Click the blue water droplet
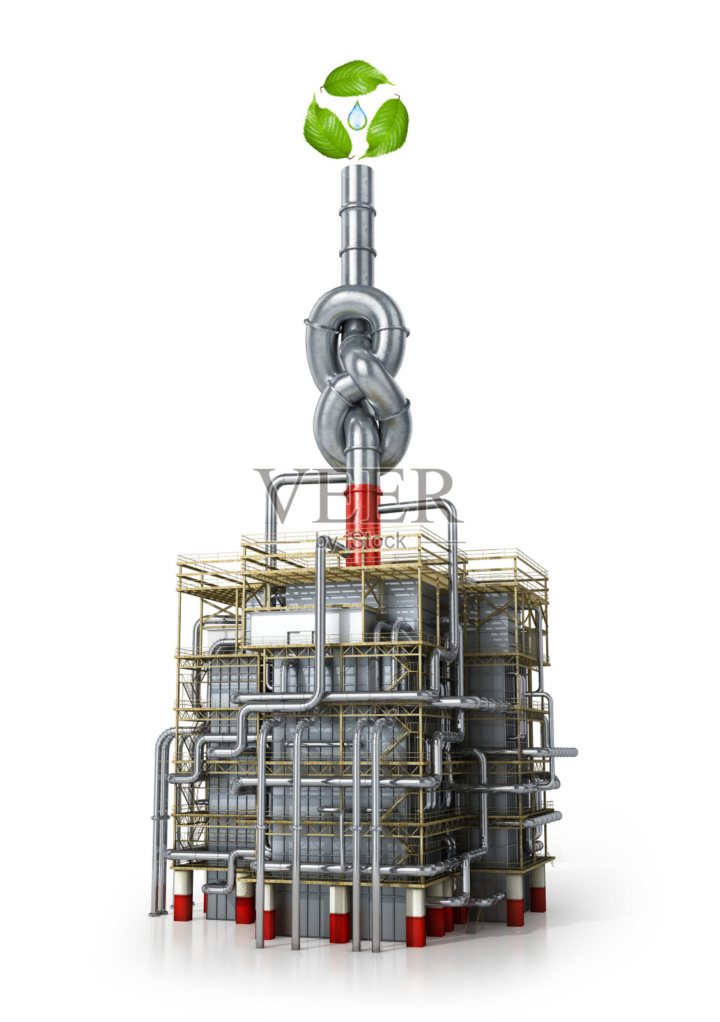[356, 116]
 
